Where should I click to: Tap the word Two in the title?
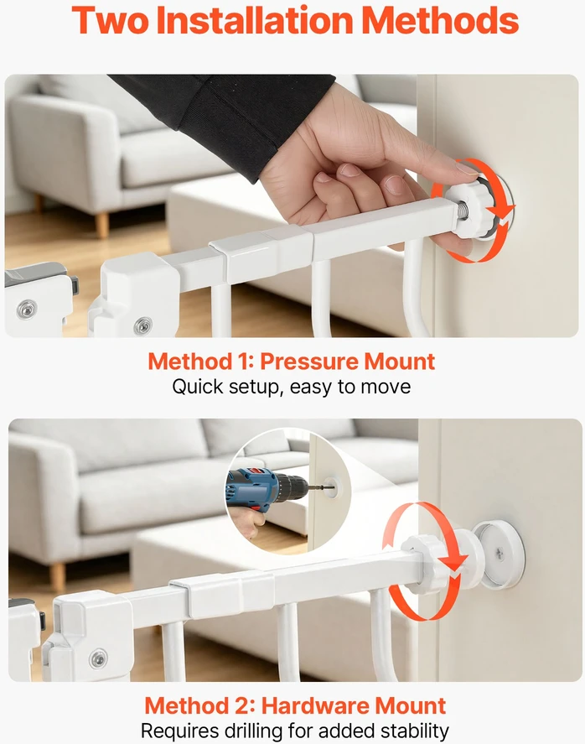(x=111, y=20)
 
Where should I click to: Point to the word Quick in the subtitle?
(x=197, y=387)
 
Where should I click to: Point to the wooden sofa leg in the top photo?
(x=102, y=226)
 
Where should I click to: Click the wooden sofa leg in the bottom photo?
(x=58, y=575)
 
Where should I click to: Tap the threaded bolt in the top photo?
(x=462, y=211)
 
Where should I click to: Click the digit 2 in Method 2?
(x=245, y=705)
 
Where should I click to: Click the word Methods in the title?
(x=442, y=20)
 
